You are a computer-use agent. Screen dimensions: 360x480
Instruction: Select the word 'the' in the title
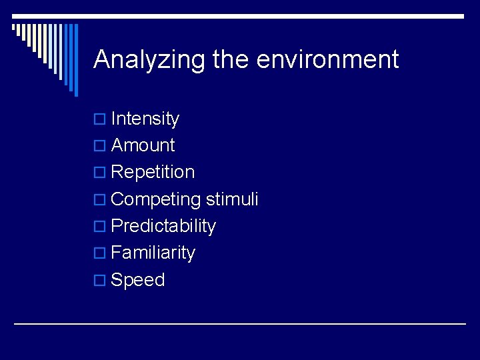tap(231, 60)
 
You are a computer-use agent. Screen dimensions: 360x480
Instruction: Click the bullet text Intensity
tap(145, 119)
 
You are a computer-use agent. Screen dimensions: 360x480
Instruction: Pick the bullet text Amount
tap(143, 145)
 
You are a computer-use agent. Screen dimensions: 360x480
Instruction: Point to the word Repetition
tap(153, 172)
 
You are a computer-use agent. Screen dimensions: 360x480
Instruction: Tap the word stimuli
tap(232, 199)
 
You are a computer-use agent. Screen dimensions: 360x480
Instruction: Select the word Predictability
tap(163, 226)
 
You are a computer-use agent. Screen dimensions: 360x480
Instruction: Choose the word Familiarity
tap(153, 253)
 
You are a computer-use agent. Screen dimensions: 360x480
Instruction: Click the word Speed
tap(138, 280)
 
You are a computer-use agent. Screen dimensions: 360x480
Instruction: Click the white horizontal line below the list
tap(240, 323)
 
